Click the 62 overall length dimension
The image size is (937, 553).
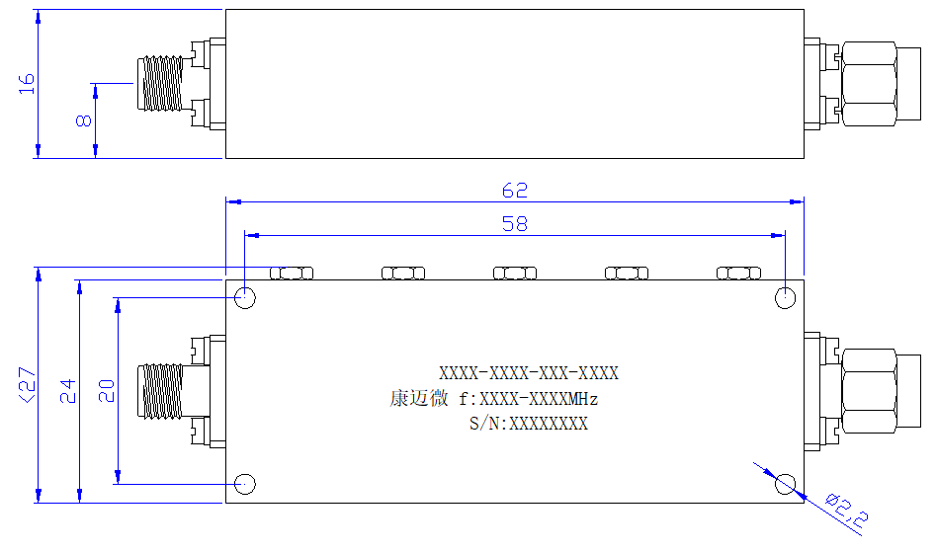click(x=515, y=191)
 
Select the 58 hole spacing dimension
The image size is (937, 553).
click(x=515, y=224)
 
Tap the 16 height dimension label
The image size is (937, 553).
click(x=27, y=84)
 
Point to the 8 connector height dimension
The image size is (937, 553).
click(x=84, y=120)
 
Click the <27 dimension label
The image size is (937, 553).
click(x=28, y=385)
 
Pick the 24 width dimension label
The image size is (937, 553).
click(x=67, y=391)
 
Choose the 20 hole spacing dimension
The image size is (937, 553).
click(x=106, y=391)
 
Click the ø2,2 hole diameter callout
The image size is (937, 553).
click(x=846, y=511)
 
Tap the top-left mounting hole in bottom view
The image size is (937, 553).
click(x=245, y=297)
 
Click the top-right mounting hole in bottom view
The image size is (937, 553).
click(x=785, y=297)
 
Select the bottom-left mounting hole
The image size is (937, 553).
click(x=245, y=484)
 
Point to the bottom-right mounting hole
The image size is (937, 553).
click(x=785, y=484)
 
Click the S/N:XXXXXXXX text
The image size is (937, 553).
click(x=528, y=424)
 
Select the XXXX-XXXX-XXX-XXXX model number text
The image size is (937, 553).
click(x=529, y=373)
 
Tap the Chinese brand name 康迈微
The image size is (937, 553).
click(x=419, y=398)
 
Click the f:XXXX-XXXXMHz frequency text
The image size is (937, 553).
click(x=528, y=398)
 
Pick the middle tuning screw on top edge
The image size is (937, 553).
click(x=515, y=273)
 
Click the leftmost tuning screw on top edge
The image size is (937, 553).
click(x=292, y=273)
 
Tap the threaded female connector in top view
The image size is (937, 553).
click(x=160, y=84)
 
